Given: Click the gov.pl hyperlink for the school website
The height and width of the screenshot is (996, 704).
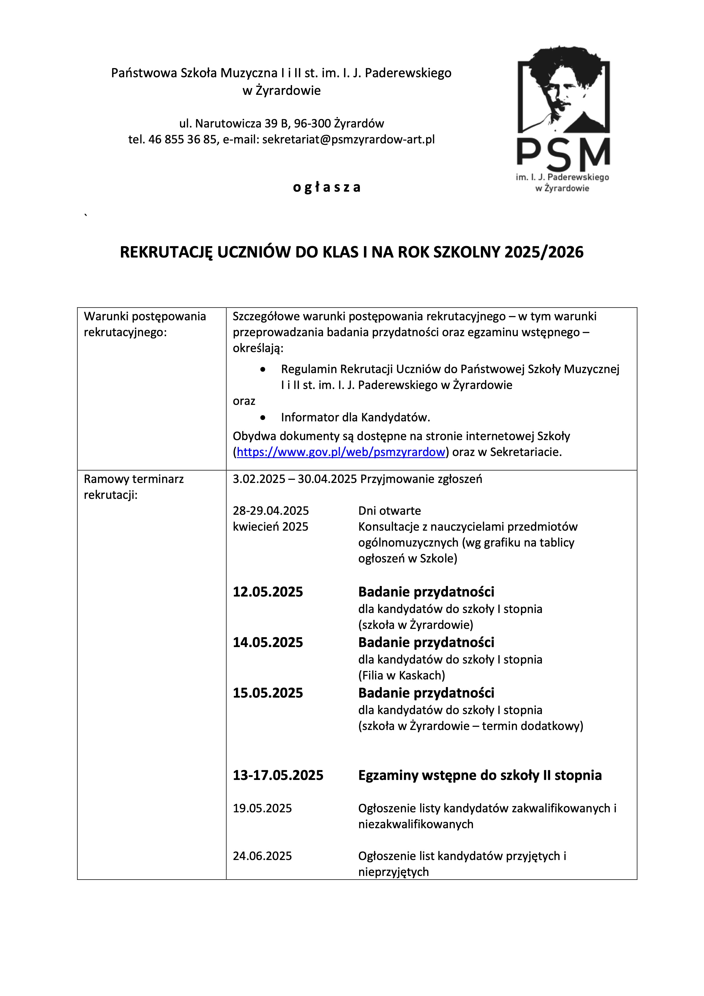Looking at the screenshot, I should pos(341,452).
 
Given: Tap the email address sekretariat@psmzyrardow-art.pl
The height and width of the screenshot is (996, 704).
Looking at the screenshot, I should pos(348,140).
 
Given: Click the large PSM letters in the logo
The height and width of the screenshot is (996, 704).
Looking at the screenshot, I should pos(563,154).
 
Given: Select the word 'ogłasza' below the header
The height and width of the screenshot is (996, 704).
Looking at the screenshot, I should pos(327,187).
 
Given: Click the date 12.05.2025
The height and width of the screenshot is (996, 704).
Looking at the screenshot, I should pos(268,592).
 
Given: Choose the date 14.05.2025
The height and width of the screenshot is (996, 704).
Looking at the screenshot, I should pos(268,643).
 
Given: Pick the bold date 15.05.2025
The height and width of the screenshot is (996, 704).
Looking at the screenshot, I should pos(268,693).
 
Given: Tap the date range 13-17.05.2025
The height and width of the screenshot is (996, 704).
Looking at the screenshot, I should pos(278,775).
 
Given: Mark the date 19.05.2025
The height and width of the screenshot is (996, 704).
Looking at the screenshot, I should pos(262,808).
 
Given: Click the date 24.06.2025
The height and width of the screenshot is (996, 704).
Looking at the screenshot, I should pos(262,856).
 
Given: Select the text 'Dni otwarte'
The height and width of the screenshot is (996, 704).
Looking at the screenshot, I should pos(389,510).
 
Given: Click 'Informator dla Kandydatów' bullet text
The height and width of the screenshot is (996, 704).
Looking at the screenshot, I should pos(355,417).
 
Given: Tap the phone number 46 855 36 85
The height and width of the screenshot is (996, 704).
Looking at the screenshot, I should pos(182,140).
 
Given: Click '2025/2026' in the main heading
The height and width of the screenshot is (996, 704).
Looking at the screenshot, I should pos(544,252).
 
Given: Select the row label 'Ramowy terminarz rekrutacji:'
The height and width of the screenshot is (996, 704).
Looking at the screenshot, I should pos(134,487).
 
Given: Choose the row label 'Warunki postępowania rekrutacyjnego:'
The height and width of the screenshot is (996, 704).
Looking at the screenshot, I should pos(144,324).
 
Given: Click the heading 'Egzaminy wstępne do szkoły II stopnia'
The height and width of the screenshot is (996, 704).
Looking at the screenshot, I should pos(480,775).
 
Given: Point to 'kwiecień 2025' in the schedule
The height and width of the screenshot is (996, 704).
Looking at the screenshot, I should pos(270,527).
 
